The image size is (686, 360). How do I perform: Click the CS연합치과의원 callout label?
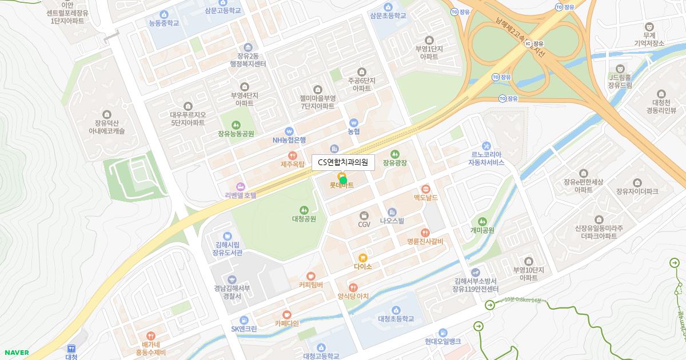pos(343,162)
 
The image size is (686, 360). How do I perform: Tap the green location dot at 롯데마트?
pos(343,180)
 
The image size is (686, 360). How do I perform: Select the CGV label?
pos(364,225)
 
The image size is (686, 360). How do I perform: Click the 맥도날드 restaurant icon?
pos(425,189)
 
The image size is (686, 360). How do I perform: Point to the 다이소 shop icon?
pos(362,258)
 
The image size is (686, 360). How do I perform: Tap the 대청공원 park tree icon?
pos(304,210)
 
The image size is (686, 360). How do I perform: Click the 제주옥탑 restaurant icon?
pos(293,155)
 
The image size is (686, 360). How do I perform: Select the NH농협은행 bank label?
pos(289,140)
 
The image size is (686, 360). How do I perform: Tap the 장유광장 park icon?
pos(394,154)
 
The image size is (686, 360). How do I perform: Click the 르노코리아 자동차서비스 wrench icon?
pos(486,146)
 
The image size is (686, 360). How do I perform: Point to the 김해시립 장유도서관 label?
pos(228,249)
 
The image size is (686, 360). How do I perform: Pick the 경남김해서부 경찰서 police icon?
pos(232,279)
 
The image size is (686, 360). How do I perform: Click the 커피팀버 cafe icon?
pos(311,276)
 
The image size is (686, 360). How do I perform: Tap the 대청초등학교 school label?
pos(396,319)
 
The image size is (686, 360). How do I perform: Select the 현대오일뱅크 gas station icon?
pos(442,333)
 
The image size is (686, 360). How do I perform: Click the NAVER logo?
pos(17,353)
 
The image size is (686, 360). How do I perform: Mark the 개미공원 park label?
pos(482,230)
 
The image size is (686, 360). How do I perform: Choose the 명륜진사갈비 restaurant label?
pos(425,241)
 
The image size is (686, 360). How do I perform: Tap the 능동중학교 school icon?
pos(164,14)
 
